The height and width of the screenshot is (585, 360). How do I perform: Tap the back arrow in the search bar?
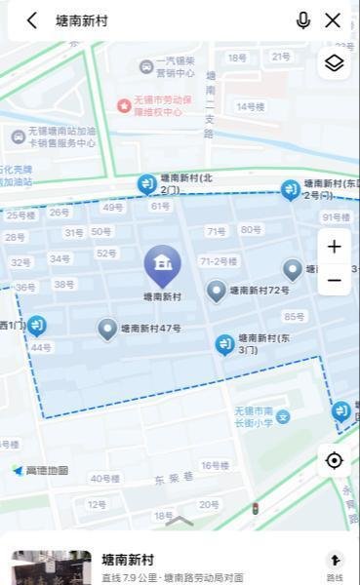pyautogui.click(x=32, y=20)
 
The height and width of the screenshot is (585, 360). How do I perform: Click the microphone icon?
pyautogui.click(x=303, y=20)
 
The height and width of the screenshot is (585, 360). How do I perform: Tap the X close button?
pyautogui.click(x=333, y=20)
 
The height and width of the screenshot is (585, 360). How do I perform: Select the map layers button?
pyautogui.click(x=334, y=63)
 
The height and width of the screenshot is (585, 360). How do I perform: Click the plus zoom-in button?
pyautogui.click(x=334, y=247)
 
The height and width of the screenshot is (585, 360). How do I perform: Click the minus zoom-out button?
pyautogui.click(x=334, y=281)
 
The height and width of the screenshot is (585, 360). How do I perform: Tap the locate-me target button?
pyautogui.click(x=335, y=460)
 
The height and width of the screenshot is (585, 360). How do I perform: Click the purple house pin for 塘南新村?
pyautogui.click(x=162, y=264)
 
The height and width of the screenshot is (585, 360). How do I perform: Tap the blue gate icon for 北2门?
pyautogui.click(x=146, y=183)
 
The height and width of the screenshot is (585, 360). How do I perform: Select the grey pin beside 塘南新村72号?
pyautogui.click(x=217, y=291)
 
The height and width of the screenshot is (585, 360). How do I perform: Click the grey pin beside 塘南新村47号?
pyautogui.click(x=107, y=329)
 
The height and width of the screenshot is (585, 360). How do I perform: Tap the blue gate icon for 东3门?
pyautogui.click(x=224, y=343)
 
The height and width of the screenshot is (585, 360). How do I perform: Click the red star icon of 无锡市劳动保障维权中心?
pyautogui.click(x=124, y=105)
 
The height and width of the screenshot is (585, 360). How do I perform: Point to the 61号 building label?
pyautogui.click(x=160, y=206)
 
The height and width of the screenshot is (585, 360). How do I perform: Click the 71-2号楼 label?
pyautogui.click(x=219, y=261)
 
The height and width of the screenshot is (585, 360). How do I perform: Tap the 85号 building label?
pyautogui.click(x=294, y=316)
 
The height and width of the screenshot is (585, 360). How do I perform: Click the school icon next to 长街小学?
pyautogui.click(x=283, y=417)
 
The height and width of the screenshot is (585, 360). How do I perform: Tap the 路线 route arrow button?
pyautogui.click(x=335, y=563)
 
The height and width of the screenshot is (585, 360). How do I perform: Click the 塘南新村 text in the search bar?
pyautogui.click(x=82, y=20)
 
